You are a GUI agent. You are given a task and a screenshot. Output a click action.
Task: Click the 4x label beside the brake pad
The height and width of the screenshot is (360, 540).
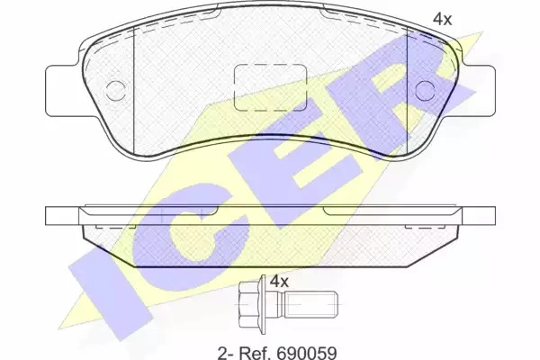pyautogui.click(x=442, y=19)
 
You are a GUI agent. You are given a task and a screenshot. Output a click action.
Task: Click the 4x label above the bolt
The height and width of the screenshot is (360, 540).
pyautogui.click(x=279, y=282)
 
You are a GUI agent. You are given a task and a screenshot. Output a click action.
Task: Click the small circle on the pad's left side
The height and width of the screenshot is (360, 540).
pyautogui.click(x=115, y=91)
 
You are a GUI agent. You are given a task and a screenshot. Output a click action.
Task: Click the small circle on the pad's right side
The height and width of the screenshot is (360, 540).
pyautogui.click(x=425, y=91)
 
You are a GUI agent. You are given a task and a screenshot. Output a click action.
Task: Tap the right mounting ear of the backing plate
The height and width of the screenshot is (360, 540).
pyautogui.click(x=478, y=91)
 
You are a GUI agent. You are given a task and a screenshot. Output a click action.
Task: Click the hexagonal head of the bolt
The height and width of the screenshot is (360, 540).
pyautogui.click(x=249, y=304)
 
